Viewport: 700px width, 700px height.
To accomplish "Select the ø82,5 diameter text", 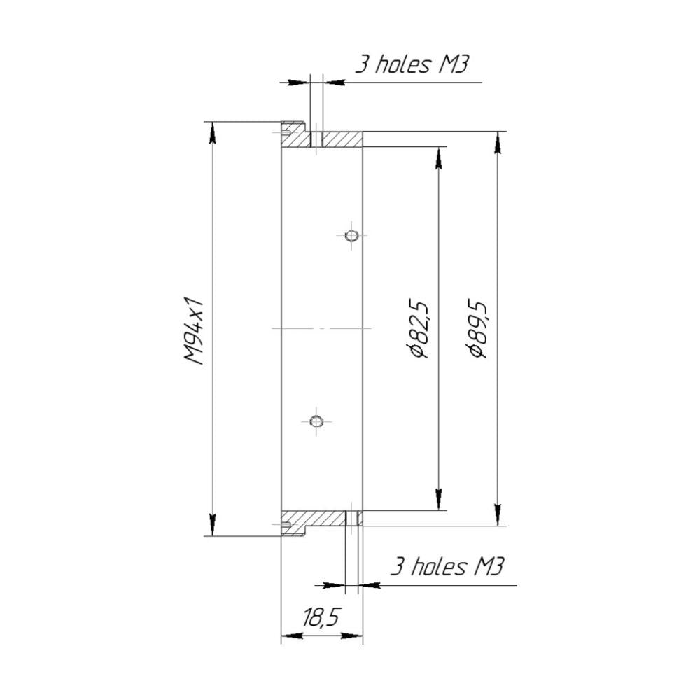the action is (x=419, y=330).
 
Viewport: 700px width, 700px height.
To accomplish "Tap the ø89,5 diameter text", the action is (x=477, y=330).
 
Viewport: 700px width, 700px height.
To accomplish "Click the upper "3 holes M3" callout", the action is (x=412, y=65).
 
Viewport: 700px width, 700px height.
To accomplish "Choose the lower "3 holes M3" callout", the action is (x=447, y=567).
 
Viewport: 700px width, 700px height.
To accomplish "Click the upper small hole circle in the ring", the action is (x=352, y=235).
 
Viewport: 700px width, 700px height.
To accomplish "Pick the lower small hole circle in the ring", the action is (x=316, y=421).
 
